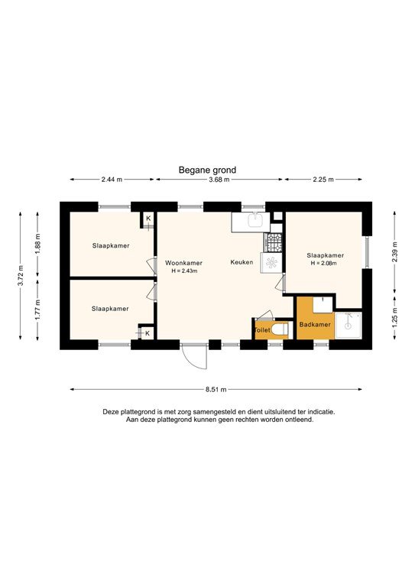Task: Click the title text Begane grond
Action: pos(207,170)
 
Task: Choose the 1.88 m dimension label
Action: pos(37,242)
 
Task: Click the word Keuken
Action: pos(242,263)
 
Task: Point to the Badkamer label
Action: pos(314,325)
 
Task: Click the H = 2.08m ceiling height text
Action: pos(325,264)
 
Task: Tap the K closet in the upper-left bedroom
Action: pos(148,219)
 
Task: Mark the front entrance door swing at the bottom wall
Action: pos(194,358)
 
